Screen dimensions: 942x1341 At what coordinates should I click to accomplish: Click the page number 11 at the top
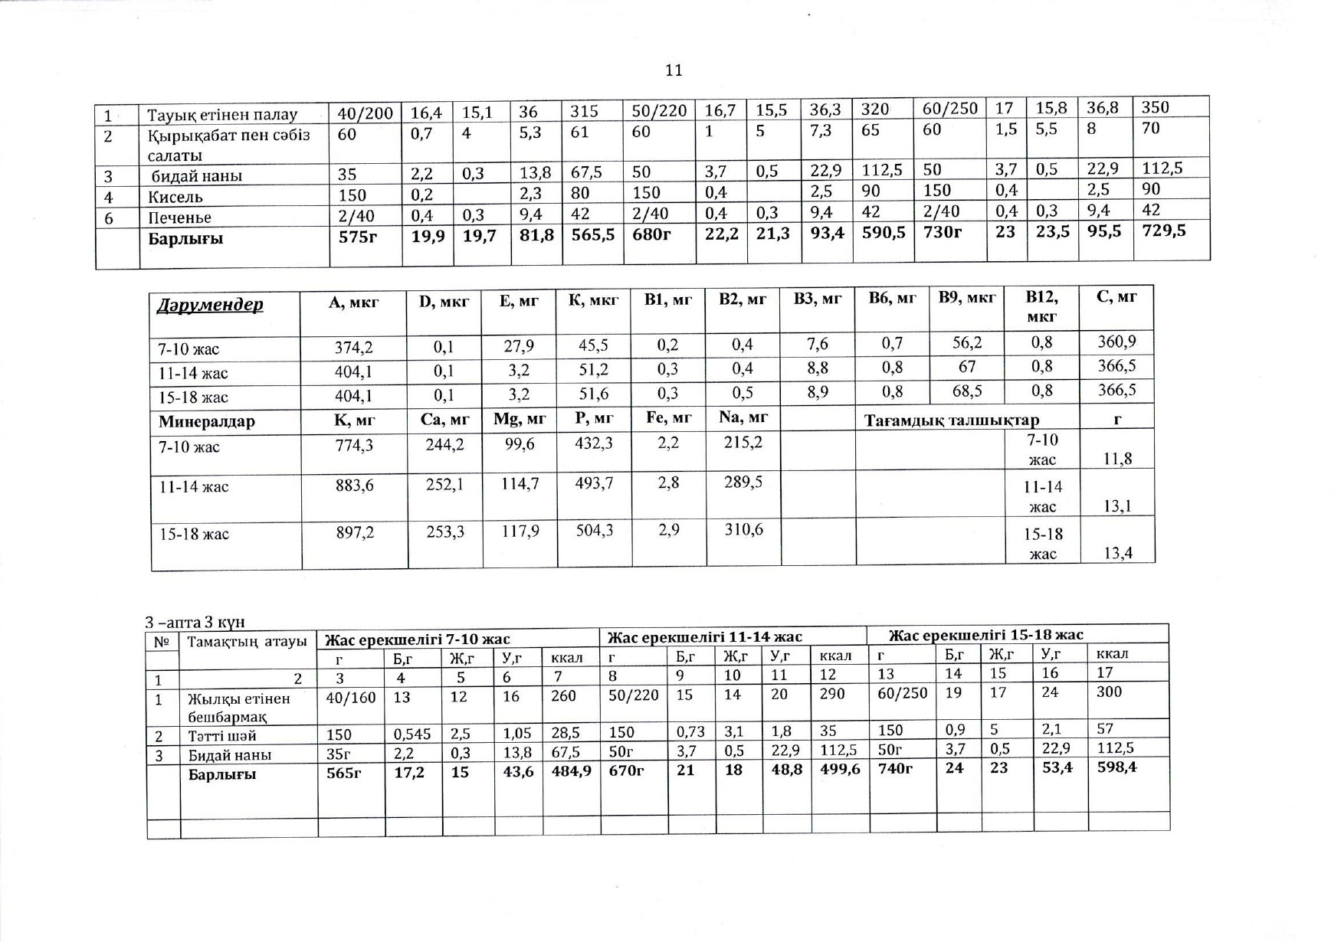click(674, 70)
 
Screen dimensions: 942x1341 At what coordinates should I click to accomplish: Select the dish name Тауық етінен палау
click(222, 115)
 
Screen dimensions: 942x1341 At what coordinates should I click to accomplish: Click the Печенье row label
click(180, 218)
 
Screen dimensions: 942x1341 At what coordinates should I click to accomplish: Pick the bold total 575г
click(358, 237)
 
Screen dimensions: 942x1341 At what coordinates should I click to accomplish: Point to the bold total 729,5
click(1164, 231)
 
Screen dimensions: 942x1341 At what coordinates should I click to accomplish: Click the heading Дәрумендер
click(210, 305)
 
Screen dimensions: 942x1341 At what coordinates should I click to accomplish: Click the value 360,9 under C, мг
click(1116, 342)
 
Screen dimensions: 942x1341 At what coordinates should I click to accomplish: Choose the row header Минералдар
click(207, 421)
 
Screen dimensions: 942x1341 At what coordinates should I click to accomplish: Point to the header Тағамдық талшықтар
click(952, 420)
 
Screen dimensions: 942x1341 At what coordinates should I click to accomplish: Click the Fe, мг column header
click(668, 418)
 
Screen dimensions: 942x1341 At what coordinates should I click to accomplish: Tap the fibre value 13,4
click(1117, 552)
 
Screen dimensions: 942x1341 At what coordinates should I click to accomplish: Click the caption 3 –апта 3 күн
click(195, 622)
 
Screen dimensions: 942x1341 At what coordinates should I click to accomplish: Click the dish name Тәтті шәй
click(222, 736)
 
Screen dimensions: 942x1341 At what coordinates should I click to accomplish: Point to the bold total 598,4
click(1116, 766)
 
